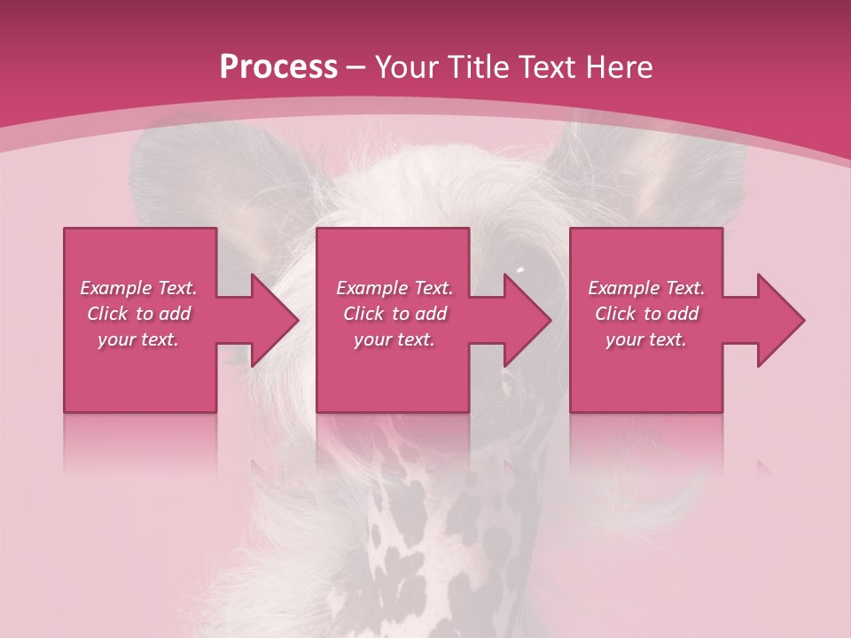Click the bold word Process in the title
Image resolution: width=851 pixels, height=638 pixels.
pos(278,66)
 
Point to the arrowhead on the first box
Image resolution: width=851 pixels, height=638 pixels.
pos(270,320)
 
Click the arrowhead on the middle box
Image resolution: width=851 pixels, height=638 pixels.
pos(524,320)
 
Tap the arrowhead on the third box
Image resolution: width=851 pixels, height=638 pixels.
pos(777,320)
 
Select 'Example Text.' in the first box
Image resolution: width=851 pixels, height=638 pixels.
pos(138,288)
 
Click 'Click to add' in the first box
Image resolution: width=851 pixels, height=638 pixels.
pos(138,314)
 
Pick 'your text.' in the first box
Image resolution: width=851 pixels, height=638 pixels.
pos(138,339)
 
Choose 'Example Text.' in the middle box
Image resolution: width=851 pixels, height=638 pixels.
pos(394,288)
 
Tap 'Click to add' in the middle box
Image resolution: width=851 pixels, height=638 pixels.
pos(394,314)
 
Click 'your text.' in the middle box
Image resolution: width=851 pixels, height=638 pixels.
pos(394,339)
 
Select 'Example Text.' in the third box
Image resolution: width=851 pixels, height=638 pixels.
pos(646,288)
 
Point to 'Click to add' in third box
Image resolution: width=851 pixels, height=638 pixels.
pos(646,314)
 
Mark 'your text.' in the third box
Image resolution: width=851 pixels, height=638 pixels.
pos(646,339)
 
